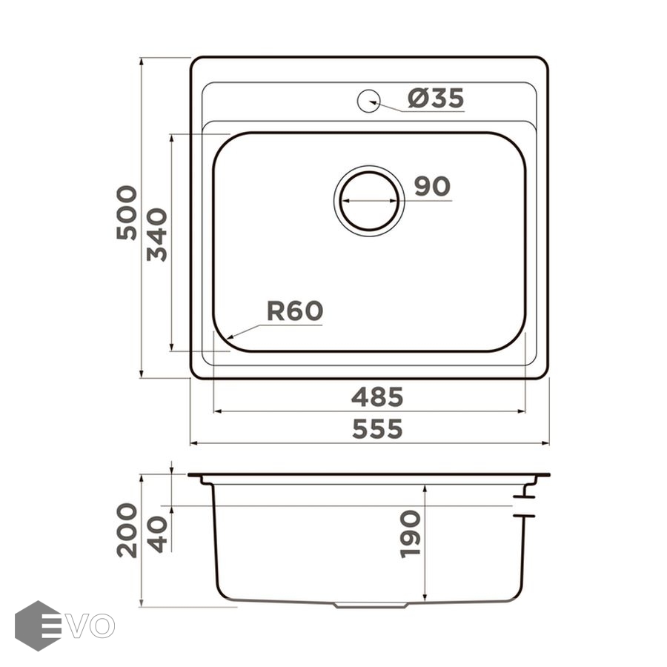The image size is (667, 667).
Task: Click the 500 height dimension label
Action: (127, 213)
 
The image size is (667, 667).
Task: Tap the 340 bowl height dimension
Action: (157, 234)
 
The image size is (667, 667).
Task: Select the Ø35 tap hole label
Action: (436, 99)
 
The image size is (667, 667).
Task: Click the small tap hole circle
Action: (368, 102)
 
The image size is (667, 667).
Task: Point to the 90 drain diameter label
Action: (432, 186)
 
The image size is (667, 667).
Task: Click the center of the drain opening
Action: (369, 201)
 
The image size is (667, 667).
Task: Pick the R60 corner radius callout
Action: (295, 311)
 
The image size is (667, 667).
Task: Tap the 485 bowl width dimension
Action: (377, 397)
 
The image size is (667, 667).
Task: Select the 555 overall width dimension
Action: (377, 429)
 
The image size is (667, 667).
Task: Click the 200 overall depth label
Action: (127, 530)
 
